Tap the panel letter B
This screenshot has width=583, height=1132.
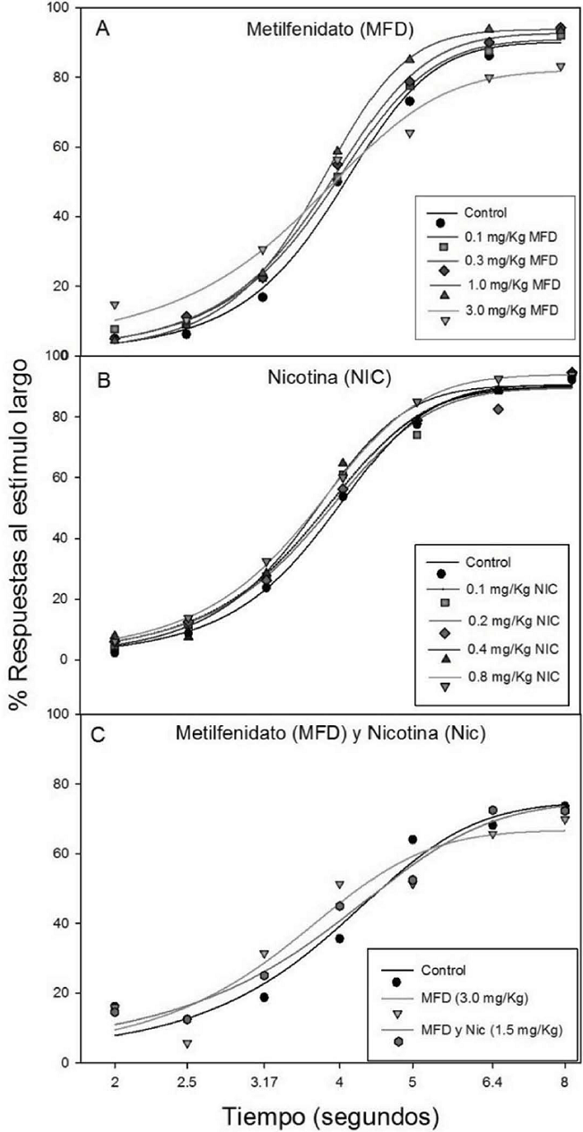point(103,379)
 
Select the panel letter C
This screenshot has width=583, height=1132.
point(103,737)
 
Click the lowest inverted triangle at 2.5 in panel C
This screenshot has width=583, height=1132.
point(187,1044)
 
